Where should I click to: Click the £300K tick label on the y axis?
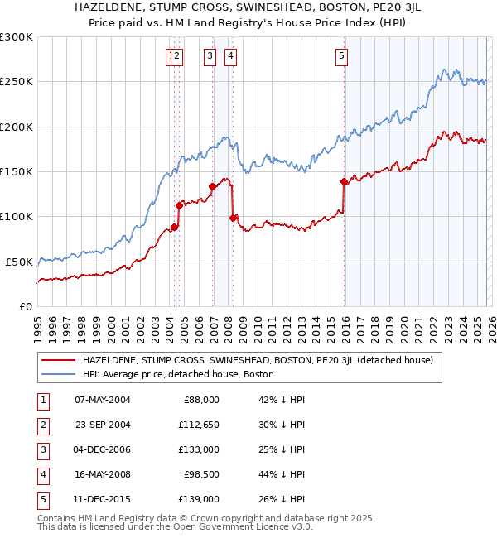pos(17,37)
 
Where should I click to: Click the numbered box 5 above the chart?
pos(341,56)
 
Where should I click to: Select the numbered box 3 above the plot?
pos(210,56)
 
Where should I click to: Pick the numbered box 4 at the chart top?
pos(229,56)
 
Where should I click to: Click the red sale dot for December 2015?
pos(344,181)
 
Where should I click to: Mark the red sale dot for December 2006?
pos(212,186)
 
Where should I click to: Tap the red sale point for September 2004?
pos(179,204)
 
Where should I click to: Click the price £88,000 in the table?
pos(202,400)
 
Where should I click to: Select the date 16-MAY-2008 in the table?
pos(103,475)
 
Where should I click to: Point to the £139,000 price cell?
pos(199,500)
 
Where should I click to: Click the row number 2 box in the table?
pos(41,425)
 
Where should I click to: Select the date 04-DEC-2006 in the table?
pos(103,450)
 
